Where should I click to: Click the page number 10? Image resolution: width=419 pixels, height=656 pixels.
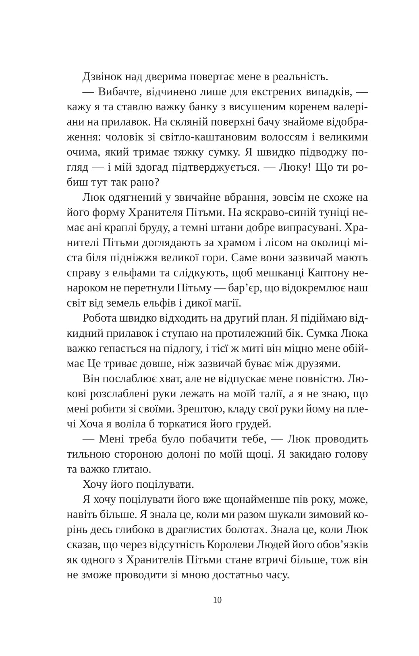[217, 600]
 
